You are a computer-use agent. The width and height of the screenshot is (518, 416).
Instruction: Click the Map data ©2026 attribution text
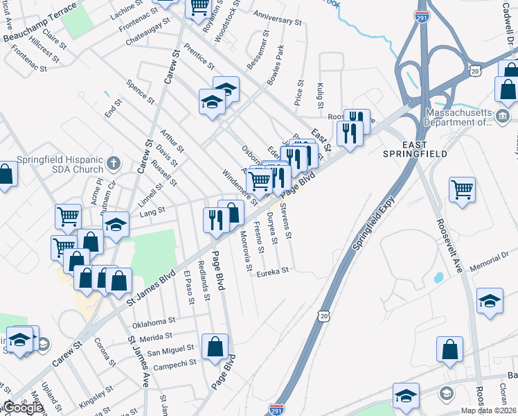[489, 410]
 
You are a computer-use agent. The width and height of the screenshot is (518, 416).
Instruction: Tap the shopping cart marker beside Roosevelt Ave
[462, 189]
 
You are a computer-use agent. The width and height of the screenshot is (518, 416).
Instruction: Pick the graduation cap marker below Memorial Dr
[490, 300]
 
